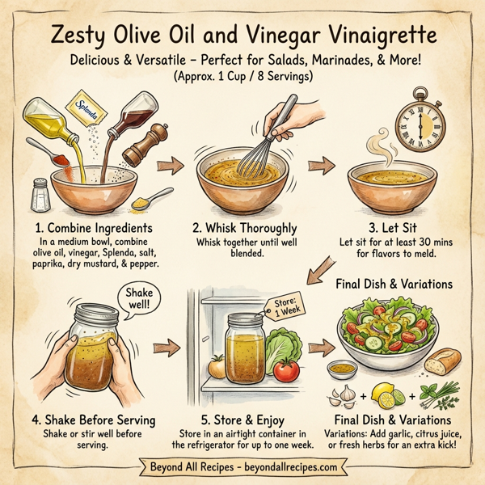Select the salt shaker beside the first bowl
40,194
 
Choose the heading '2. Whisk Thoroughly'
246,228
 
